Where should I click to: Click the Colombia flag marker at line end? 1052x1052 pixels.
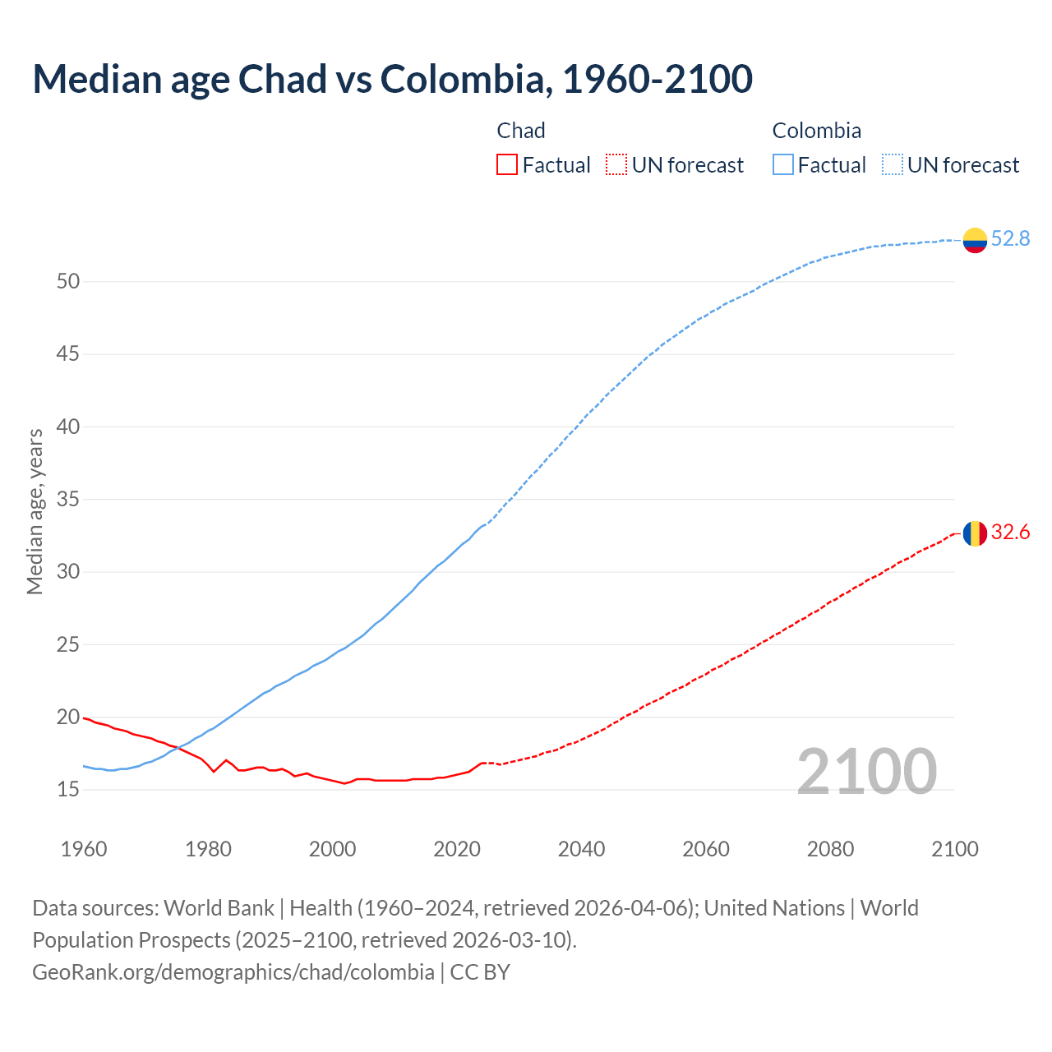(974, 239)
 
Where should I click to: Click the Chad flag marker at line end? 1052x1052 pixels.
(974, 533)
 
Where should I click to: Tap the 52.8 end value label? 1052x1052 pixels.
(1010, 238)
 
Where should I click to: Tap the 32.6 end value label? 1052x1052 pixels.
(1010, 533)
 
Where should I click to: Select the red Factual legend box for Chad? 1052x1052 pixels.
(507, 165)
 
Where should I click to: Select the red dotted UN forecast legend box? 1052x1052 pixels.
(616, 165)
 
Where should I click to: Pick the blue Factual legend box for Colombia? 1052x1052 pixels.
(782, 165)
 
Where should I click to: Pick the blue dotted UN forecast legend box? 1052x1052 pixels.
(892, 165)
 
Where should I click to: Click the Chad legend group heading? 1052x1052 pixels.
(521, 131)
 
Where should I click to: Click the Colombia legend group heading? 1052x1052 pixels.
(816, 131)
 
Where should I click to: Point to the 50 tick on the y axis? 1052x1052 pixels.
(68, 282)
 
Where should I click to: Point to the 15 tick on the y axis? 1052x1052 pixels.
(68, 790)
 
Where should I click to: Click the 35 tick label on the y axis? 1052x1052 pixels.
(68, 500)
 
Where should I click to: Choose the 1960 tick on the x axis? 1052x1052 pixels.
(84, 849)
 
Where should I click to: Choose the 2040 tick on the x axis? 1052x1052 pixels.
(581, 849)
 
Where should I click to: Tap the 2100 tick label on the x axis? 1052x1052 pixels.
(954, 849)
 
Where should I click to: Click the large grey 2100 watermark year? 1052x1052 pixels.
(866, 771)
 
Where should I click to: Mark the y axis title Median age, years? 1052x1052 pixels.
(35, 511)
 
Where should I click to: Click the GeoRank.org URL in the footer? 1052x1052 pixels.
(233, 972)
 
